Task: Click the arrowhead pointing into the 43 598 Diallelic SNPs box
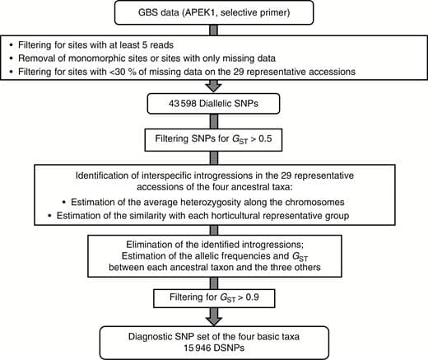(x=213, y=91)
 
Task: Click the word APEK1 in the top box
(x=217, y=14)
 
